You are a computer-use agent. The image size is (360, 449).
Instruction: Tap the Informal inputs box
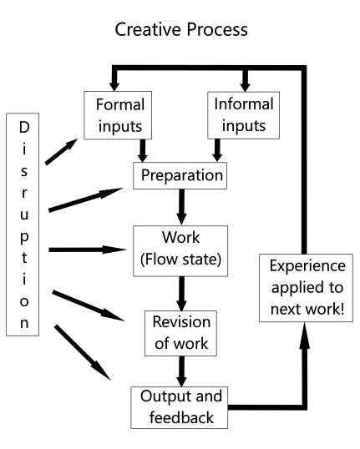coord(245,116)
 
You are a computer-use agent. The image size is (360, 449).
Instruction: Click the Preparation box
coord(180,176)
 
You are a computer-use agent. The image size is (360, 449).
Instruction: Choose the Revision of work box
coord(179,331)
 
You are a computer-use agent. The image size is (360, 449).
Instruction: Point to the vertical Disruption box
coord(24,224)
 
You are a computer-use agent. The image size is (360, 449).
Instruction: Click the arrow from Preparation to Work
coord(180,205)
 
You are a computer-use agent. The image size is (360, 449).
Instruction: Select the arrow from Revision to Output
coord(179,368)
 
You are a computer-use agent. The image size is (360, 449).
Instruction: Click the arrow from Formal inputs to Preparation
coord(143,149)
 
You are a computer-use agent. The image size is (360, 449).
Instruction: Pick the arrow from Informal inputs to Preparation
coord(218,149)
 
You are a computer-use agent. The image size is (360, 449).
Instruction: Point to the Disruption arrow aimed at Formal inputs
coord(61,153)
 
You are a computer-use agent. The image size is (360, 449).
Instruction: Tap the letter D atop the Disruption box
coord(24,128)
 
